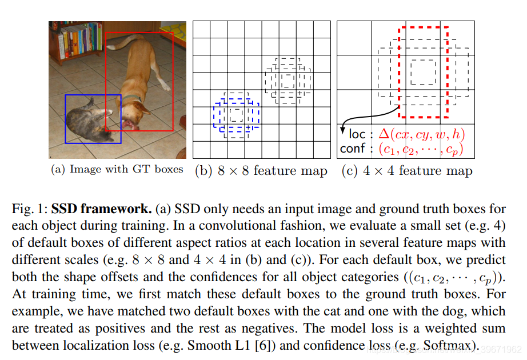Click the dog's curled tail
125,41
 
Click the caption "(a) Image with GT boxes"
117,169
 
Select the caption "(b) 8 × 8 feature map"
261,171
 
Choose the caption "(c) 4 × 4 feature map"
407,171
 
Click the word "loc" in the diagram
357,134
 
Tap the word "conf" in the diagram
352,148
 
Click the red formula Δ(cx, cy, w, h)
422,134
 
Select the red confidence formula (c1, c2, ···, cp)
421,149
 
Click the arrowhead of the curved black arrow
343,130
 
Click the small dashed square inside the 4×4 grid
424,72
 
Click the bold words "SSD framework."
102,209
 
